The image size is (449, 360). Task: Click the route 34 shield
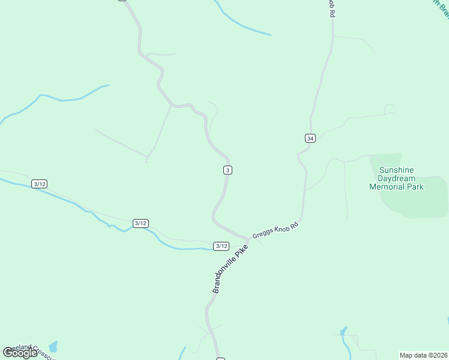point(310,138)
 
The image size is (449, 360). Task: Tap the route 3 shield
point(228,170)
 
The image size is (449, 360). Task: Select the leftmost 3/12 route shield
point(40,184)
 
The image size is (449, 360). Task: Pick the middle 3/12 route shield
point(140,223)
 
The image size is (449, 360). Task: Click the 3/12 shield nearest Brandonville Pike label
point(221,246)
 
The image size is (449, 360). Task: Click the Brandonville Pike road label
point(230,269)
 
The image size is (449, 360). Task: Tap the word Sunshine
point(396,170)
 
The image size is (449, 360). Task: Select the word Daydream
point(396,178)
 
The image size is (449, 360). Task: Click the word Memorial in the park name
point(387,187)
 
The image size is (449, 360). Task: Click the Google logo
point(20,352)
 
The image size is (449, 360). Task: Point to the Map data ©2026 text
point(423,355)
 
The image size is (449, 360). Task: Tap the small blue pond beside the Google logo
point(53,346)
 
